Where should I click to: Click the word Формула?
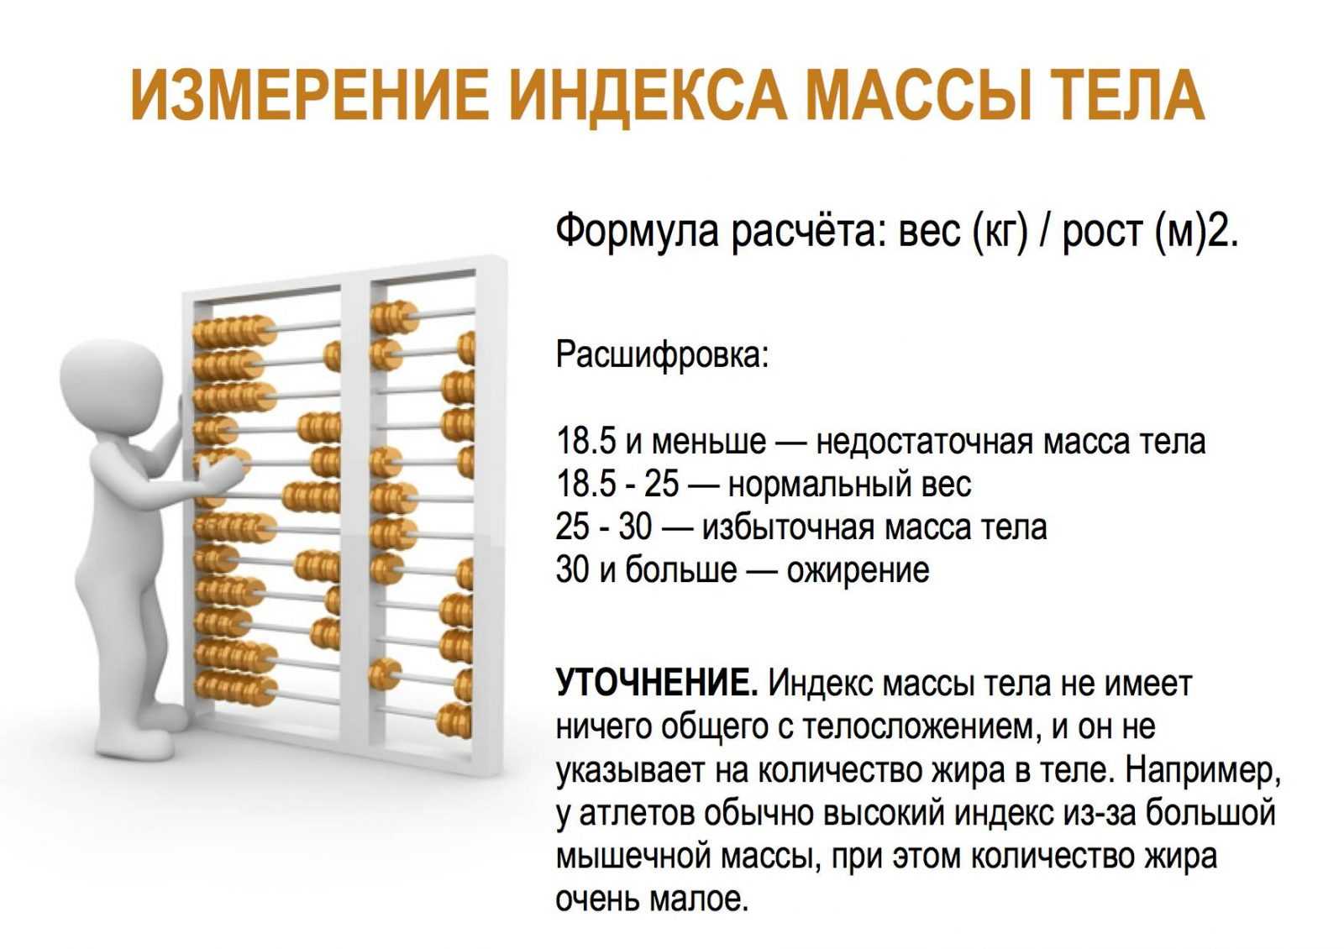pos(637,231)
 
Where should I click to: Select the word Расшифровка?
pos(661,354)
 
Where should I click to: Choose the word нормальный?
pos(816,485)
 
